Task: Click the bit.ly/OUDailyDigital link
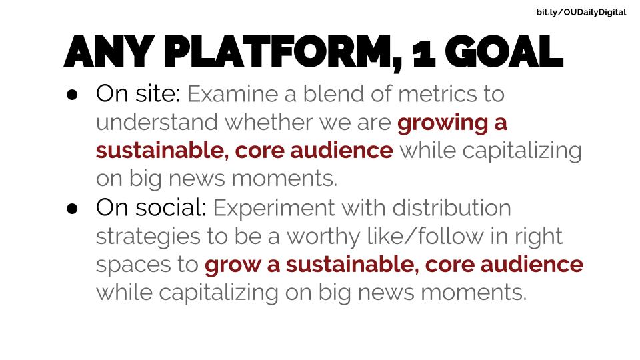[x=581, y=12]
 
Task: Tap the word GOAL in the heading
[x=504, y=51]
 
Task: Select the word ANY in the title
[x=109, y=51]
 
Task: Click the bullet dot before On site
[x=72, y=95]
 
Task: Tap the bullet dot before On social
[x=72, y=209]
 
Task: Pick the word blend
[x=333, y=94]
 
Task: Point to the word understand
[x=157, y=122]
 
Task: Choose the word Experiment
[x=273, y=209]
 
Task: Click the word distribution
[x=451, y=208]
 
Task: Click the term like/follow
[x=425, y=236]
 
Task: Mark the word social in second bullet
[x=169, y=208]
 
